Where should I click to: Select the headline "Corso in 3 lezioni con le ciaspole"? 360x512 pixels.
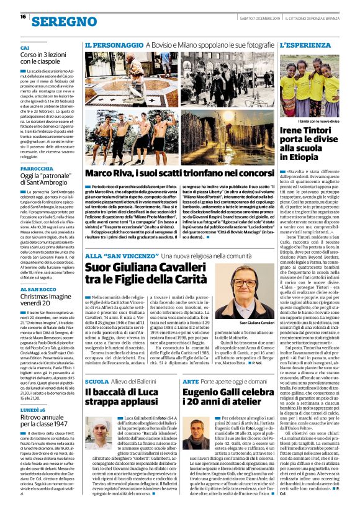(48, 58)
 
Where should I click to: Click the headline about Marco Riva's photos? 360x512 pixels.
(178, 173)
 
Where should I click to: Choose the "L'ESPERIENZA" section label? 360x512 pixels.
(303, 47)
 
